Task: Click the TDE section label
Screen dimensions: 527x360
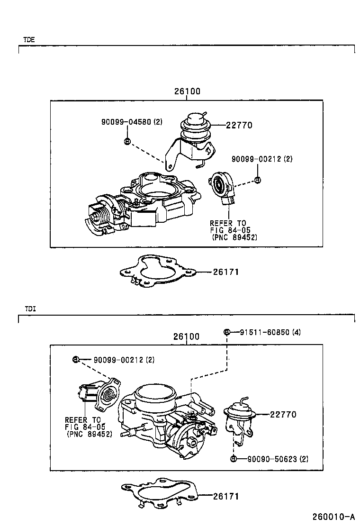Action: [x=29, y=40]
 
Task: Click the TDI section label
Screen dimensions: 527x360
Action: [x=29, y=309]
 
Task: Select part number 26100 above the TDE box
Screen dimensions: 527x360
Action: [x=187, y=91]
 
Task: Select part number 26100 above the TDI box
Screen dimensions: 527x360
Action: [x=186, y=336]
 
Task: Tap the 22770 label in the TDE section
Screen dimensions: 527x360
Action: [x=239, y=126]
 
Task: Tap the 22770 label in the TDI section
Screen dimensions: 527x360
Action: [x=283, y=414]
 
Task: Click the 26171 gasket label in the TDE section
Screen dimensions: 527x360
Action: [x=225, y=272]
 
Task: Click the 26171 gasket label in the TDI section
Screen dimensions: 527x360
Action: [x=225, y=496]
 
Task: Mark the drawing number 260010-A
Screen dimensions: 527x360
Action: [x=333, y=516]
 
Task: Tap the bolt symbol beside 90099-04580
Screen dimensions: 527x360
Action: [x=127, y=141]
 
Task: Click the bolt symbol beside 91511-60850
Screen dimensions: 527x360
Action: [x=227, y=332]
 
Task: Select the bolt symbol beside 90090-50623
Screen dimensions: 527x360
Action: [x=234, y=458]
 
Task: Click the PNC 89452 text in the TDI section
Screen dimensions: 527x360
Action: [x=90, y=433]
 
